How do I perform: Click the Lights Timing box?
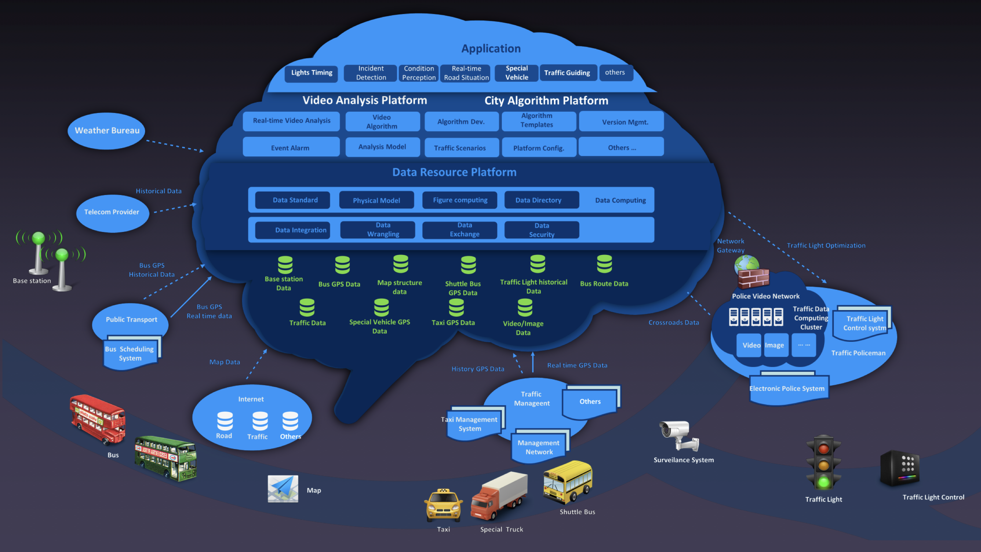[x=312, y=73]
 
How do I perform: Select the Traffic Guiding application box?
[x=567, y=73]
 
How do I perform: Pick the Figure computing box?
[x=460, y=200]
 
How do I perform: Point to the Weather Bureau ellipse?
[x=107, y=131]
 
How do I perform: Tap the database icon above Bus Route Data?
[x=604, y=264]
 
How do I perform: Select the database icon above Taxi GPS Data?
[x=456, y=308]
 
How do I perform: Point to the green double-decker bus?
[x=166, y=458]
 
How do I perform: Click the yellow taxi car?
[x=443, y=505]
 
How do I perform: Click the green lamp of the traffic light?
[x=823, y=482]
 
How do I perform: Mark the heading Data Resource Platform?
[x=454, y=172]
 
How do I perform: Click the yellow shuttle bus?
[x=567, y=482]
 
